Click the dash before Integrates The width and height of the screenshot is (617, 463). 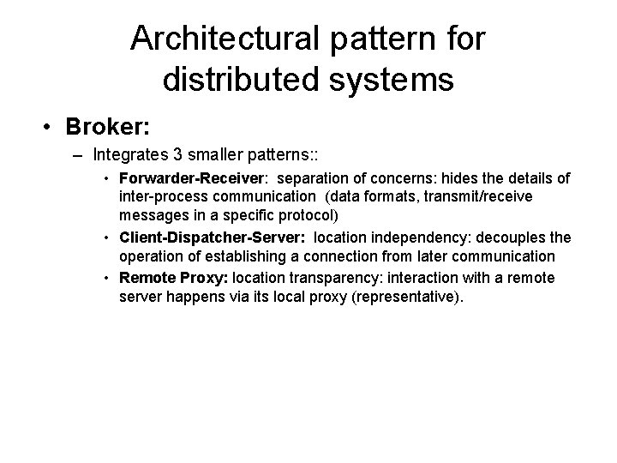click(81, 156)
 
